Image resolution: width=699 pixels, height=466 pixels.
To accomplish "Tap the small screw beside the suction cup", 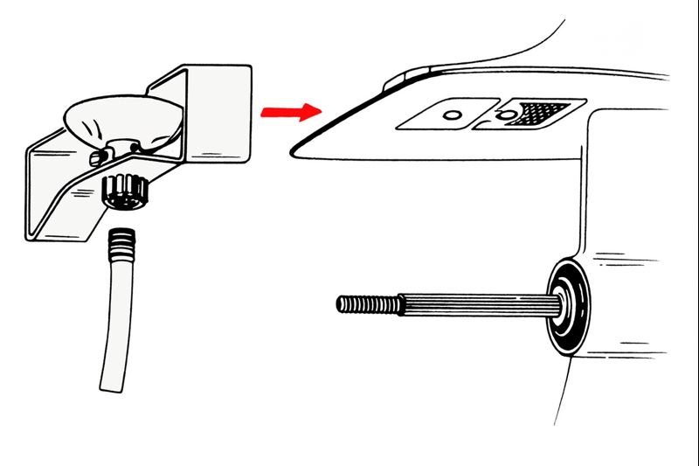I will pos(97,157).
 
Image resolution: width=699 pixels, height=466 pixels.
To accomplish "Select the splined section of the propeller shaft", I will pos(472,303).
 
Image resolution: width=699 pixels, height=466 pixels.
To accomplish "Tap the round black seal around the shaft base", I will pos(565,306).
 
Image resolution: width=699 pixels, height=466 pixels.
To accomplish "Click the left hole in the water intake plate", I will pos(451,115).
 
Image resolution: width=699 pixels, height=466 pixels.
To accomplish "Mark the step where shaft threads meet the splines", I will pos(401,303).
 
